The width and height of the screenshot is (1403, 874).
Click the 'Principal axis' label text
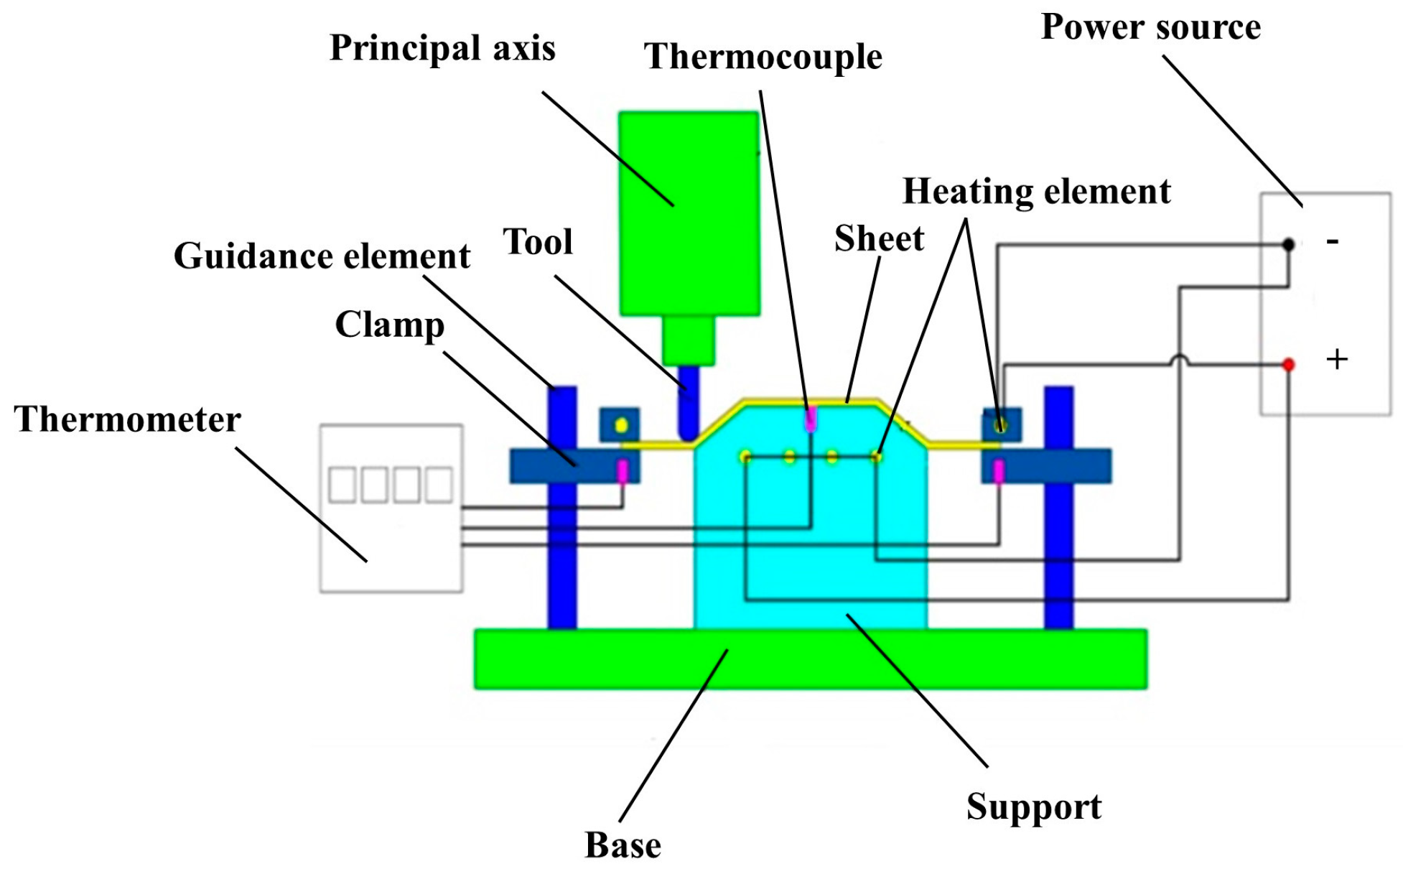click(442, 49)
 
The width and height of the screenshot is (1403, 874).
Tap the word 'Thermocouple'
click(763, 57)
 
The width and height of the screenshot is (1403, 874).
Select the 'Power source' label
click(1150, 27)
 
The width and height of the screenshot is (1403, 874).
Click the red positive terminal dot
click(1288, 365)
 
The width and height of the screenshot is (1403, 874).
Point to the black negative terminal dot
click(1288, 245)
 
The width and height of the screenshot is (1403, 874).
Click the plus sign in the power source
click(1336, 359)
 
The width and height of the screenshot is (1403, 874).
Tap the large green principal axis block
click(689, 213)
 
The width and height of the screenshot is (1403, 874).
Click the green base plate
click(810, 659)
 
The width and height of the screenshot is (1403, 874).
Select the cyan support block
click(810, 546)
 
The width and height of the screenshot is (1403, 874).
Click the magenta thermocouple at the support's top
click(811, 419)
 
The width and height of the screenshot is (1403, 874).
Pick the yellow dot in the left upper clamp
click(621, 425)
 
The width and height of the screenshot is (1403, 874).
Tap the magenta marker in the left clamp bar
click(623, 471)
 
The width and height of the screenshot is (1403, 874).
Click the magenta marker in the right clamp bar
click(998, 471)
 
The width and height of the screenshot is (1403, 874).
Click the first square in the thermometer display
click(342, 485)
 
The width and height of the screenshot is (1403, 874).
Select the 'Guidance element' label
click(322, 256)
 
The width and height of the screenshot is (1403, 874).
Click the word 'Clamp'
click(390, 325)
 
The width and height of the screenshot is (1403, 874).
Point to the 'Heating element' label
click(1036, 192)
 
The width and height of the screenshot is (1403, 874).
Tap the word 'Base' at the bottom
click(623, 845)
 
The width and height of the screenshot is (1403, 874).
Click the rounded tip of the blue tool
click(688, 434)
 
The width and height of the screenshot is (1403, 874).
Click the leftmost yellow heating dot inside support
click(745, 457)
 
